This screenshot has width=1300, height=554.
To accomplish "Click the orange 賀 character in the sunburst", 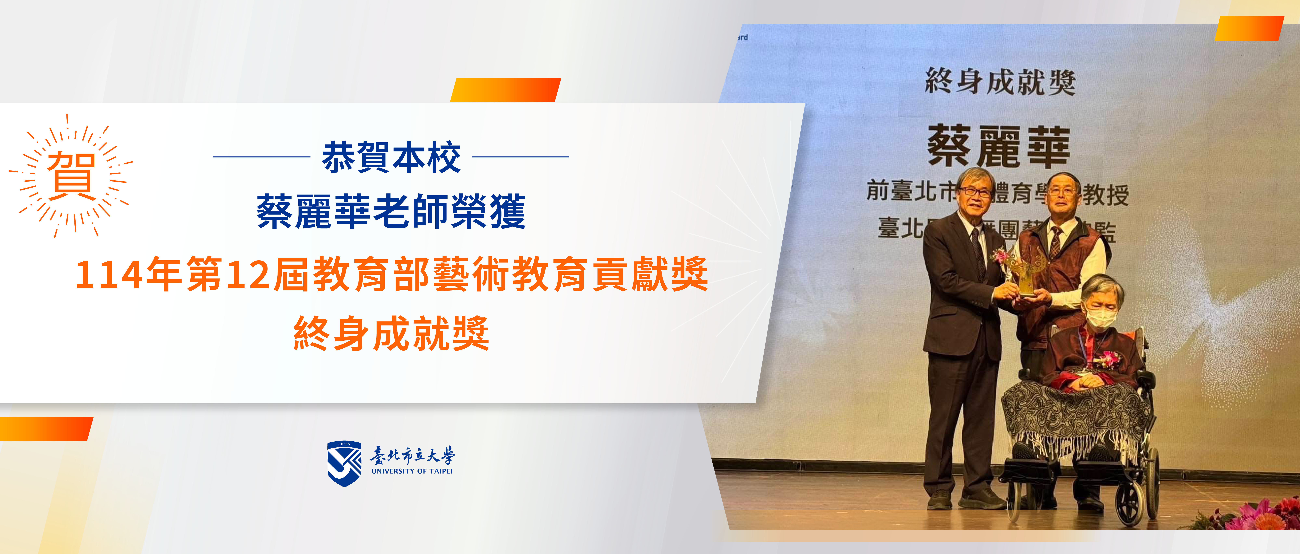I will [71, 176].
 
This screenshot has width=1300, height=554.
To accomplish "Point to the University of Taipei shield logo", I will [344, 463].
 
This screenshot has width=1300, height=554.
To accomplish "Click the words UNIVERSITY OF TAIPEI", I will [412, 471].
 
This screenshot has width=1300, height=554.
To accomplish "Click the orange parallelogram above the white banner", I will [506, 90].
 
